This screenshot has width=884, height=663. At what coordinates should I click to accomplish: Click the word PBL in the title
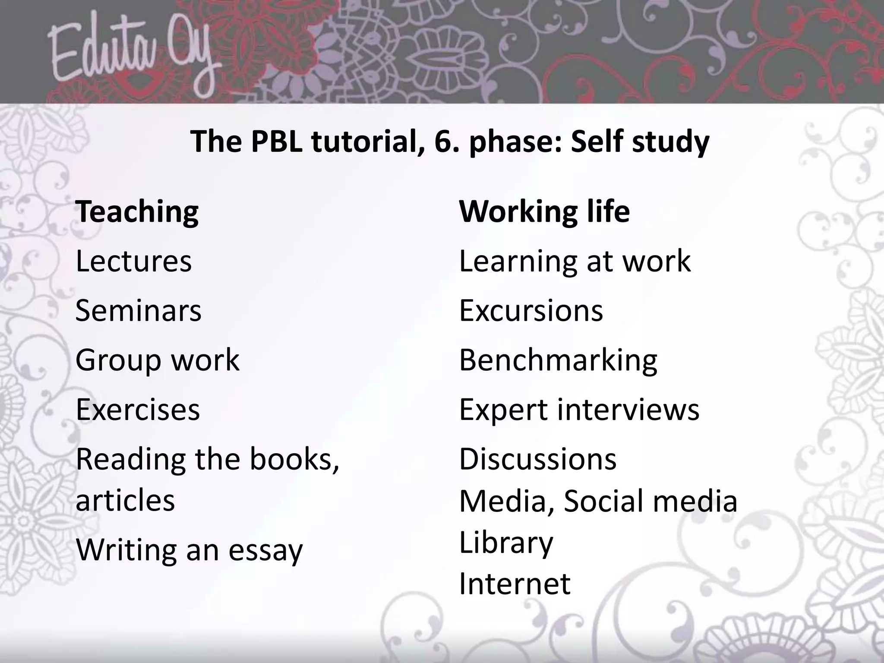[276, 142]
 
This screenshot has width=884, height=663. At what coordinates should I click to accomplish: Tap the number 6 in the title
[443, 142]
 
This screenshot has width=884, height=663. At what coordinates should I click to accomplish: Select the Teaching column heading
[137, 212]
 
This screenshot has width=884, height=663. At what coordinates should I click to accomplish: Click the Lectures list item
[133, 261]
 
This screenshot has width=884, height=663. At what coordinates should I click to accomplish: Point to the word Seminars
[138, 311]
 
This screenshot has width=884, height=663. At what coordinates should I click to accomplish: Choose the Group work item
[157, 360]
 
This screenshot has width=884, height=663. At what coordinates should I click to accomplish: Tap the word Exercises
[138, 410]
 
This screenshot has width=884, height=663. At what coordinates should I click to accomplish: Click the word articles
[125, 501]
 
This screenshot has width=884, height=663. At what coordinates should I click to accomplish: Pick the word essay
[265, 551]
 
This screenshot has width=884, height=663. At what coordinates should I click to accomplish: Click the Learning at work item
[575, 261]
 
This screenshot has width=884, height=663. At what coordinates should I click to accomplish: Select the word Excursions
[531, 311]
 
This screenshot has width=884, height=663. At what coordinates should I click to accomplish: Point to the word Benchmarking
[558, 360]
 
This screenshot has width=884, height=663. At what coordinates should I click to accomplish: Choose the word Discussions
[538, 459]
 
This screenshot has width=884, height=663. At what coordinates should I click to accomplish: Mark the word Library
[506, 543]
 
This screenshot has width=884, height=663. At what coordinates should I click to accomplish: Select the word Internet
[515, 584]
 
